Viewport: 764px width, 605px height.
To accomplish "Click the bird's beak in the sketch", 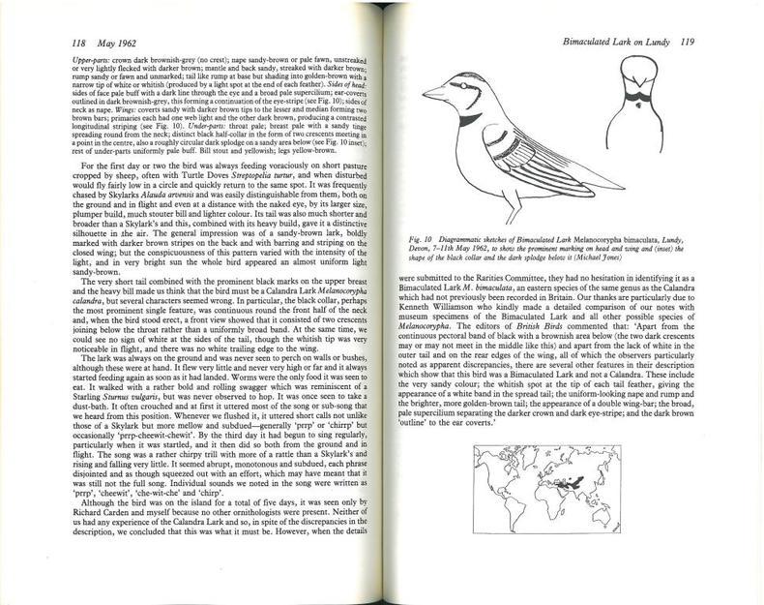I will (x=431, y=95).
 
